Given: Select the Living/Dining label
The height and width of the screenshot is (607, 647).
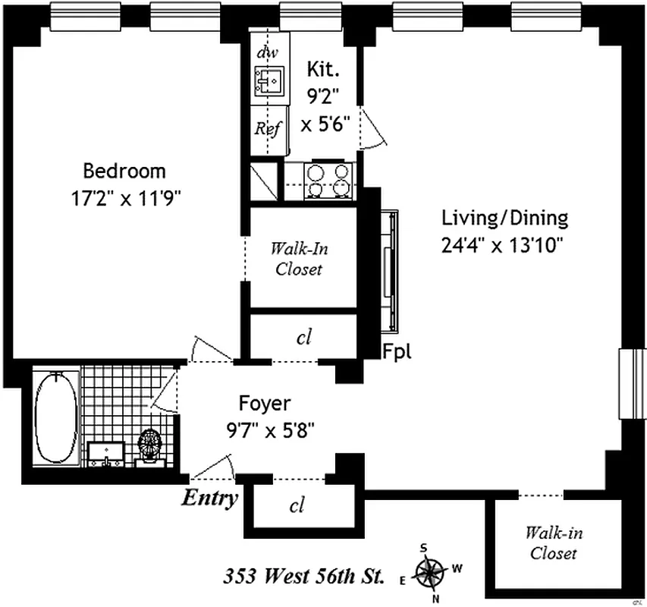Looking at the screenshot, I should tap(504, 219).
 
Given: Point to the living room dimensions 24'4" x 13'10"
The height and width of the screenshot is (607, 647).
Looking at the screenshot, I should tap(504, 245).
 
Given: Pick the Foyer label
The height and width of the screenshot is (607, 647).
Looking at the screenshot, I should tap(265, 402).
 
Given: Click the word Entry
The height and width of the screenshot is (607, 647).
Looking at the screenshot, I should tap(209, 499).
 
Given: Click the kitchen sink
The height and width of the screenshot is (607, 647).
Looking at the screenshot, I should tap(269, 80).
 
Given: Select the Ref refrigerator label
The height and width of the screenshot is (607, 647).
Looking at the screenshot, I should tap(267, 128).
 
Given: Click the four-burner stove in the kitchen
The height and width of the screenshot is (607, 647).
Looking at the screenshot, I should tap(328, 181).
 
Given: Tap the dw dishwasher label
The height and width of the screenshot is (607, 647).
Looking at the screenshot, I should tap(266, 52).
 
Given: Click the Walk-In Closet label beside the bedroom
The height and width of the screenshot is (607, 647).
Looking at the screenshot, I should tap(298, 259).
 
